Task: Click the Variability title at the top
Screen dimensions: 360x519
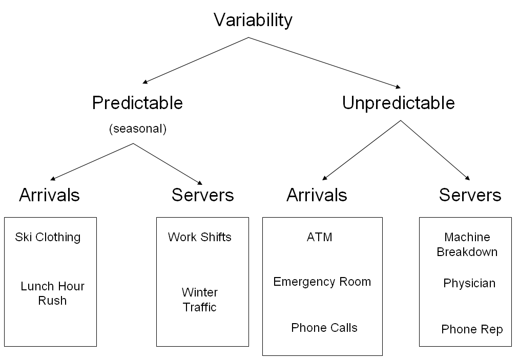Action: click(253, 20)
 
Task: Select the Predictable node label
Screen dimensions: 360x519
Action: click(137, 103)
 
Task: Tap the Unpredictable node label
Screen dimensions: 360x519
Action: click(398, 103)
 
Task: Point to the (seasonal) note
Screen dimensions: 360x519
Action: click(138, 129)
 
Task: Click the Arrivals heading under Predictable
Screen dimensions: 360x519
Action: click(50, 195)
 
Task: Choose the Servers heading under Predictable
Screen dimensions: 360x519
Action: click(202, 195)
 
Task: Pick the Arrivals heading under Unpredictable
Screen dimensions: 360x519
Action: click(317, 195)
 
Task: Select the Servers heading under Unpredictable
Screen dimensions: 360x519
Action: click(470, 195)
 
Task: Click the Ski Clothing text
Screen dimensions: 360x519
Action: click(48, 237)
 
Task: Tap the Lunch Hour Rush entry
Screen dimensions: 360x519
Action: click(52, 293)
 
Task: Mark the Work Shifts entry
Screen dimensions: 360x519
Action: click(199, 237)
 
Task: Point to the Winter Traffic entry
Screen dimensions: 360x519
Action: click(199, 300)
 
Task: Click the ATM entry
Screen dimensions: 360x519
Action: click(319, 237)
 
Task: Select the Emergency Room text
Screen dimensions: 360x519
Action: click(322, 282)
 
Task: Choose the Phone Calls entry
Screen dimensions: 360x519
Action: click(324, 328)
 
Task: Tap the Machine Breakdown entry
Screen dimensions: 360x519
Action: click(467, 244)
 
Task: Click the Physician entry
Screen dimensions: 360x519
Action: click(469, 283)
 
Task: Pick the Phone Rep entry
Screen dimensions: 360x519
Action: click(472, 329)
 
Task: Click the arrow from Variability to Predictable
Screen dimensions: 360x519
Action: click(196, 60)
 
